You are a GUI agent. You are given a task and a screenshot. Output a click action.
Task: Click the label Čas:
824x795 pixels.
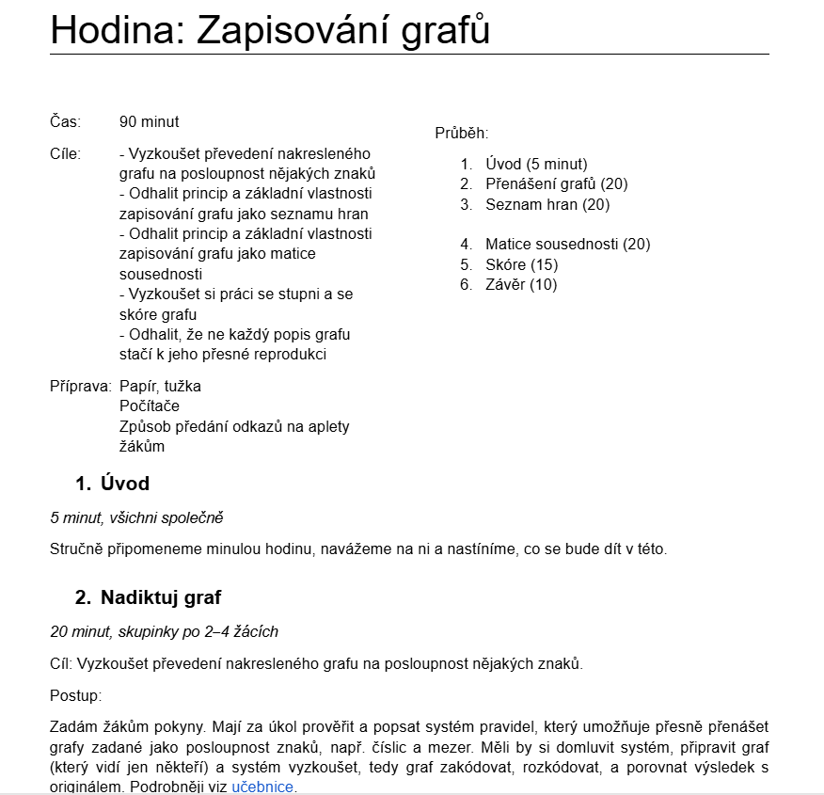(65, 121)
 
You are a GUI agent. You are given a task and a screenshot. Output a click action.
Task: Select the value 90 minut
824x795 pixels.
(149, 121)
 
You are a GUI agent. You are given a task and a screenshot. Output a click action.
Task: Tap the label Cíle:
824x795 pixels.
(65, 153)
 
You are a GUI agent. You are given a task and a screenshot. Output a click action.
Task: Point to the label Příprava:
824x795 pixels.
(80, 386)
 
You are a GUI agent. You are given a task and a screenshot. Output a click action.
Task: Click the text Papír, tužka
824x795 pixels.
(160, 386)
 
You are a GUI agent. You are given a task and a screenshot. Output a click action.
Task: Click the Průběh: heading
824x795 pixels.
(461, 134)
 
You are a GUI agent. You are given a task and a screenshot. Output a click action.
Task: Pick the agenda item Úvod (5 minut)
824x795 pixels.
(536, 164)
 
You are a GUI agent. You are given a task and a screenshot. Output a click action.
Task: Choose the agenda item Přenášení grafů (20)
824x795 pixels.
(556, 183)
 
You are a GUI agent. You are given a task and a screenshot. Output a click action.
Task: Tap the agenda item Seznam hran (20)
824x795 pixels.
(547, 204)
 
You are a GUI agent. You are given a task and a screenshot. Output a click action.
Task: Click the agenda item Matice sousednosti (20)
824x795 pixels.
(567, 245)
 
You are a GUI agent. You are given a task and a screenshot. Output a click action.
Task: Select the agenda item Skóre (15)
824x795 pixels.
(521, 264)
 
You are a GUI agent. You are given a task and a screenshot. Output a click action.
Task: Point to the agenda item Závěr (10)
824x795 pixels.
(521, 284)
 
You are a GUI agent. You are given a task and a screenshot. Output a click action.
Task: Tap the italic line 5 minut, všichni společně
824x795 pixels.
(136, 517)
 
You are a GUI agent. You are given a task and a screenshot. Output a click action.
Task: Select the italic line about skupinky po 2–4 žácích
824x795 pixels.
(164, 631)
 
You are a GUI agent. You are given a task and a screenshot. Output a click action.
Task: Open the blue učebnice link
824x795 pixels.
(262, 787)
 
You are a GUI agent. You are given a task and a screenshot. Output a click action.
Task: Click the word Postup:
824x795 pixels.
(75, 696)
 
